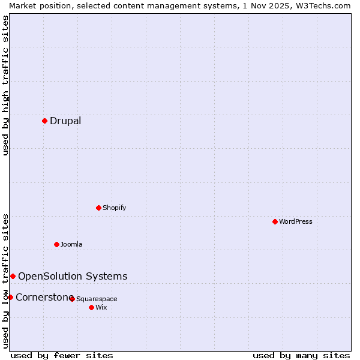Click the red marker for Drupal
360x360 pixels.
(44, 121)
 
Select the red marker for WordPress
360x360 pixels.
(275, 221)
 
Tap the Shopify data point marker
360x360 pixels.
(98, 208)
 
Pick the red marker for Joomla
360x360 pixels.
(56, 244)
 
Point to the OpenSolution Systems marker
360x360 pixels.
(13, 276)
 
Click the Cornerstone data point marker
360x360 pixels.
(10, 297)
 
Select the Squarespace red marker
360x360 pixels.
(72, 298)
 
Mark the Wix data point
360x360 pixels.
(91, 307)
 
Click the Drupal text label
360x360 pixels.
(65, 121)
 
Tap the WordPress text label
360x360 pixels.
(296, 221)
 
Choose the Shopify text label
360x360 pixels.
(115, 208)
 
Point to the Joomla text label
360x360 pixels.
(71, 244)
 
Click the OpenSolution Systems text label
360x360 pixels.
(73, 276)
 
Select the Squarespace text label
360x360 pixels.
(97, 299)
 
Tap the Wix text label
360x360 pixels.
(101, 307)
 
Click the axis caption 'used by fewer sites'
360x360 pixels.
(62, 355)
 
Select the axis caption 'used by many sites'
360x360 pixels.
(301, 355)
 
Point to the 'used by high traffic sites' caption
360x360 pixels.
(5, 85)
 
